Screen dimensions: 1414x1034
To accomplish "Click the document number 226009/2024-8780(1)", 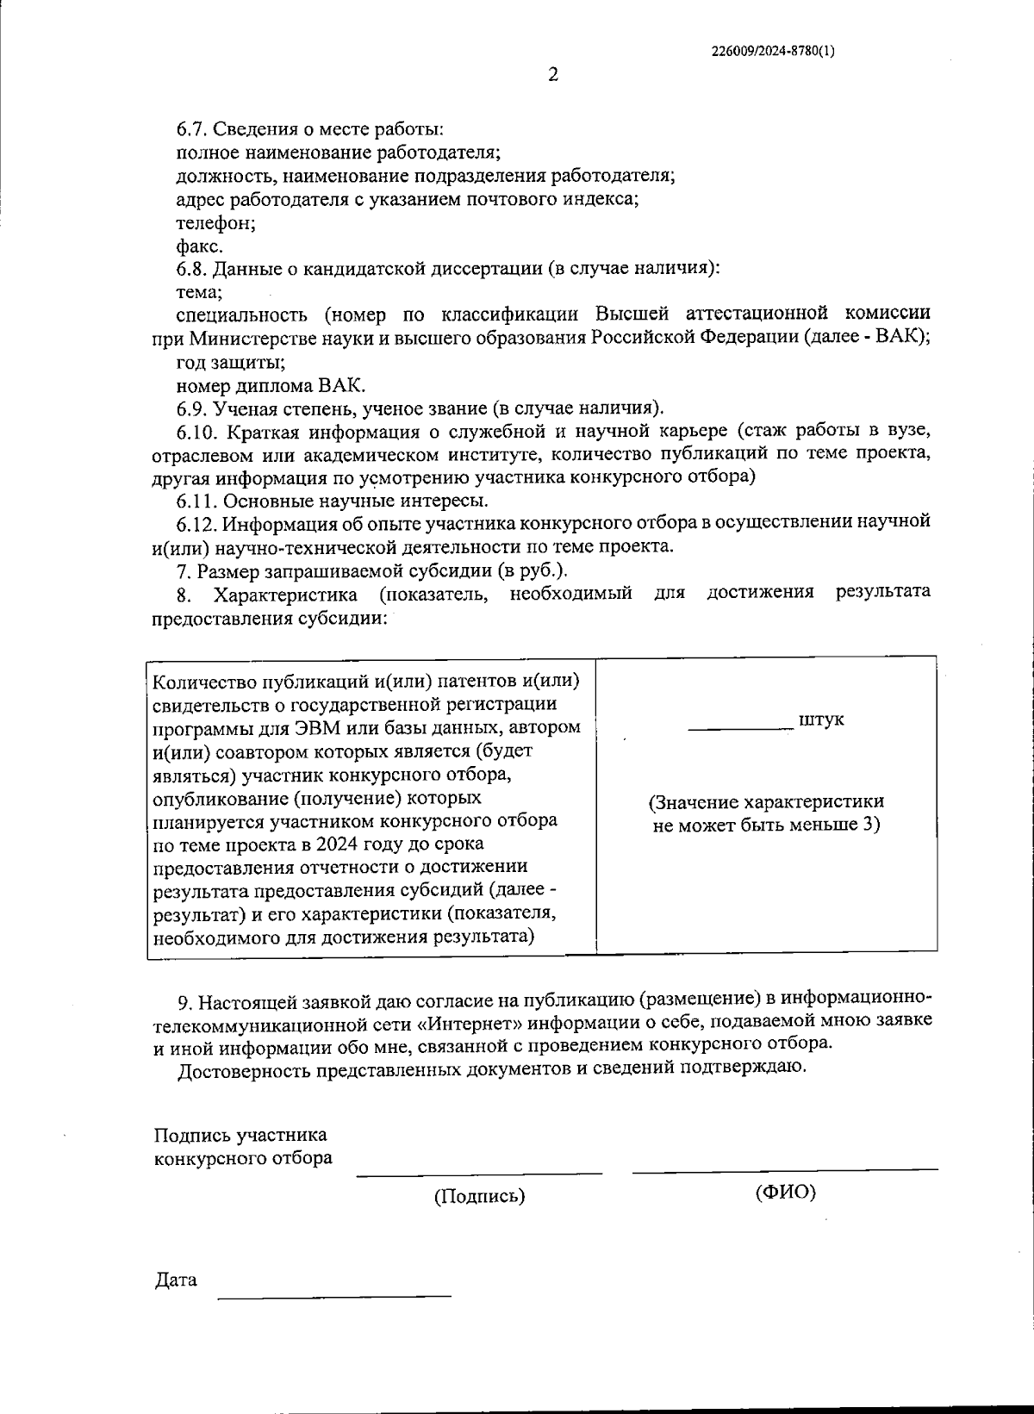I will coord(773,51).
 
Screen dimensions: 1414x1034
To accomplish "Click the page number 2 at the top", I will coord(553,75).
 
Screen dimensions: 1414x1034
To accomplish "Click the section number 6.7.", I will coord(192,130).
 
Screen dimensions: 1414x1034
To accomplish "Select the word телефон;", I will coord(215,223).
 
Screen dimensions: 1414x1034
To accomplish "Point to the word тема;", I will coord(199,292).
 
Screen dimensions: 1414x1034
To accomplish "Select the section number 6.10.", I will coord(197,431).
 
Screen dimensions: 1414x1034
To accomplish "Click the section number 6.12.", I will coord(197,523).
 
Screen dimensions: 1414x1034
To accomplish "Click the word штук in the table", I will coord(821,719).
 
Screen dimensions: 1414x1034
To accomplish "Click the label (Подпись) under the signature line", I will coord(479,1196).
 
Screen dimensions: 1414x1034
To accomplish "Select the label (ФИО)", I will coord(785,1193).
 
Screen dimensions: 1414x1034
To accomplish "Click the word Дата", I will coord(176,1280).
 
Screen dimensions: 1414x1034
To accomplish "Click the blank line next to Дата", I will coord(334,1293).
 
